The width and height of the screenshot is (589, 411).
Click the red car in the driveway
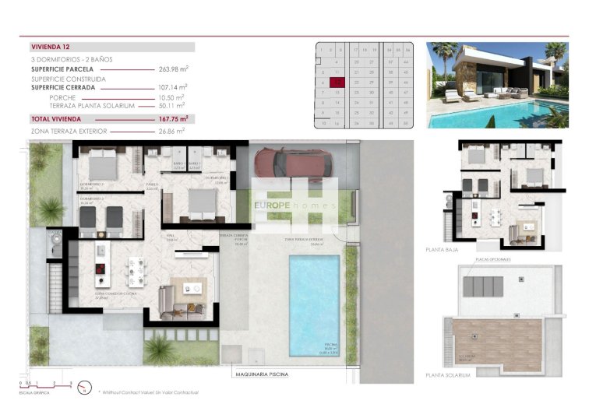coord(293,163)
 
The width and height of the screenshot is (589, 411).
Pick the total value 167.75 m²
coord(174,119)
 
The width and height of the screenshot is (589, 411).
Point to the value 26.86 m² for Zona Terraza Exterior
coord(174,131)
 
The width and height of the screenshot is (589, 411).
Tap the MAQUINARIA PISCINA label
coord(261,374)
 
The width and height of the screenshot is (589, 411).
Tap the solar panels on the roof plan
coord(482,286)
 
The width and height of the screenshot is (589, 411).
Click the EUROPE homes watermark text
coord(294,205)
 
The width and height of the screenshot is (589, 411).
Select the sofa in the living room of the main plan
coord(168,300)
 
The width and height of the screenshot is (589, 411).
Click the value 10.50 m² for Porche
coord(174,98)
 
